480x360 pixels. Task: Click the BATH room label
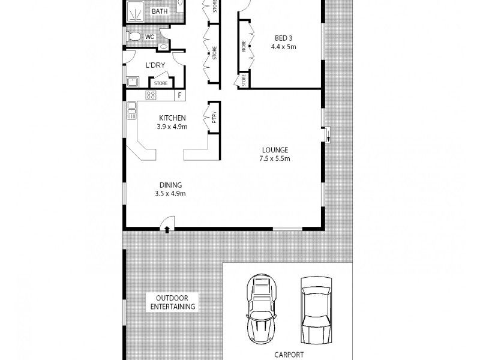coord(159,11)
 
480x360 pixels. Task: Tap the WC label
coord(150,37)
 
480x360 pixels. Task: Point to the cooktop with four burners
coord(151,95)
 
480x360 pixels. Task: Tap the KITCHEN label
coord(172,118)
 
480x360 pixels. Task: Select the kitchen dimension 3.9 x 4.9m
coord(172,127)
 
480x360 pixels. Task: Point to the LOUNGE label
coord(275,149)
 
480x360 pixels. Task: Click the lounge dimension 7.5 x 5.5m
coord(275,158)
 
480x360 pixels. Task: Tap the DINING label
coord(170,185)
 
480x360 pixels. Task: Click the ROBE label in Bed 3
coord(244,48)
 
